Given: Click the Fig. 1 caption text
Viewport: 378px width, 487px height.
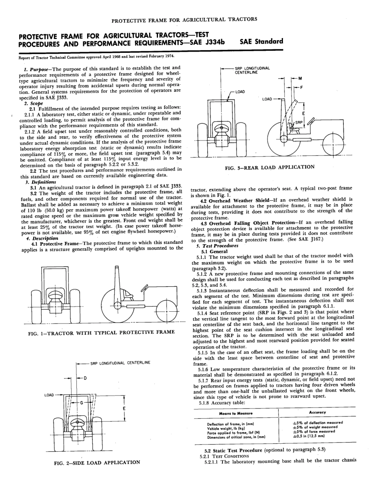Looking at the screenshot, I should pyautogui.click(x=101, y=332).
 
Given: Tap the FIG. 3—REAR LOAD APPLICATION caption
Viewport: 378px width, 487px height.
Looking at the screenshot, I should pyautogui.click(x=269, y=167).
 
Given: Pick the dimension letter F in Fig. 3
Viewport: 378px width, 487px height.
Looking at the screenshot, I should pyautogui.click(x=302, y=87).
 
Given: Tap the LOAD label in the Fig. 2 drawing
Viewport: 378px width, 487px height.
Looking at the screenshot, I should pyautogui.click(x=49, y=395).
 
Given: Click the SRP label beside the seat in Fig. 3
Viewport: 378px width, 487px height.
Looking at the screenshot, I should pyautogui.click(x=298, y=123).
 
